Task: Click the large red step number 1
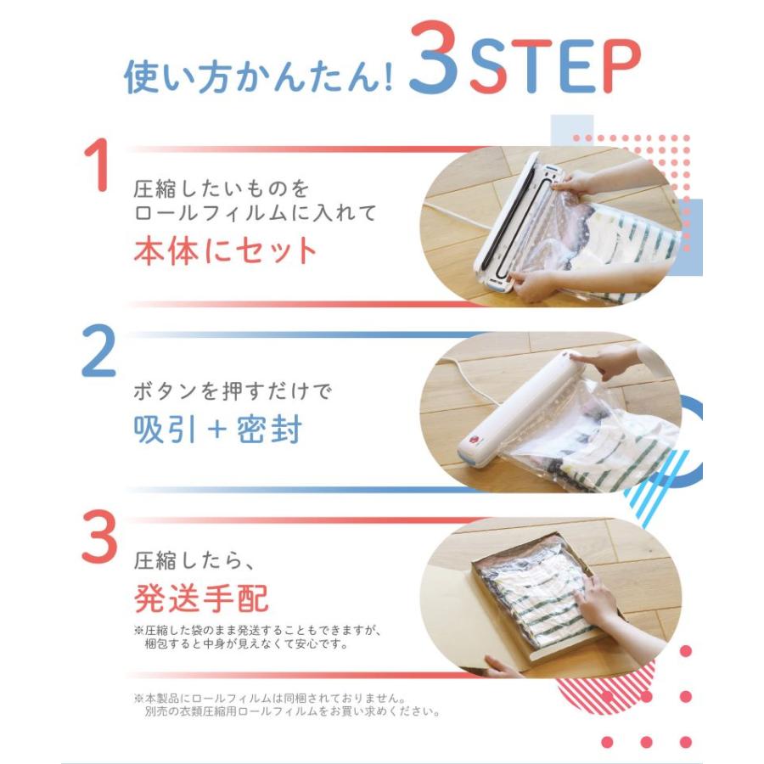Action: click(x=98, y=165)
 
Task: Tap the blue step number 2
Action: click(x=99, y=351)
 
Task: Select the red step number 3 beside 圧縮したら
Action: click(x=99, y=536)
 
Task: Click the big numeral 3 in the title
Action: click(x=434, y=58)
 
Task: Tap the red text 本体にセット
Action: click(x=225, y=250)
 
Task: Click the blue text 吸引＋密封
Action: click(x=218, y=430)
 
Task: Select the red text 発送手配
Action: click(x=201, y=598)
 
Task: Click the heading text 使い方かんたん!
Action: click(x=258, y=76)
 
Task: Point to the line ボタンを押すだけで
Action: click(x=233, y=390)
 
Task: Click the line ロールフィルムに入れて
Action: click(x=255, y=213)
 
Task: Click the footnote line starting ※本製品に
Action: click(x=269, y=699)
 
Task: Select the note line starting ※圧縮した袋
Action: click(x=256, y=630)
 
